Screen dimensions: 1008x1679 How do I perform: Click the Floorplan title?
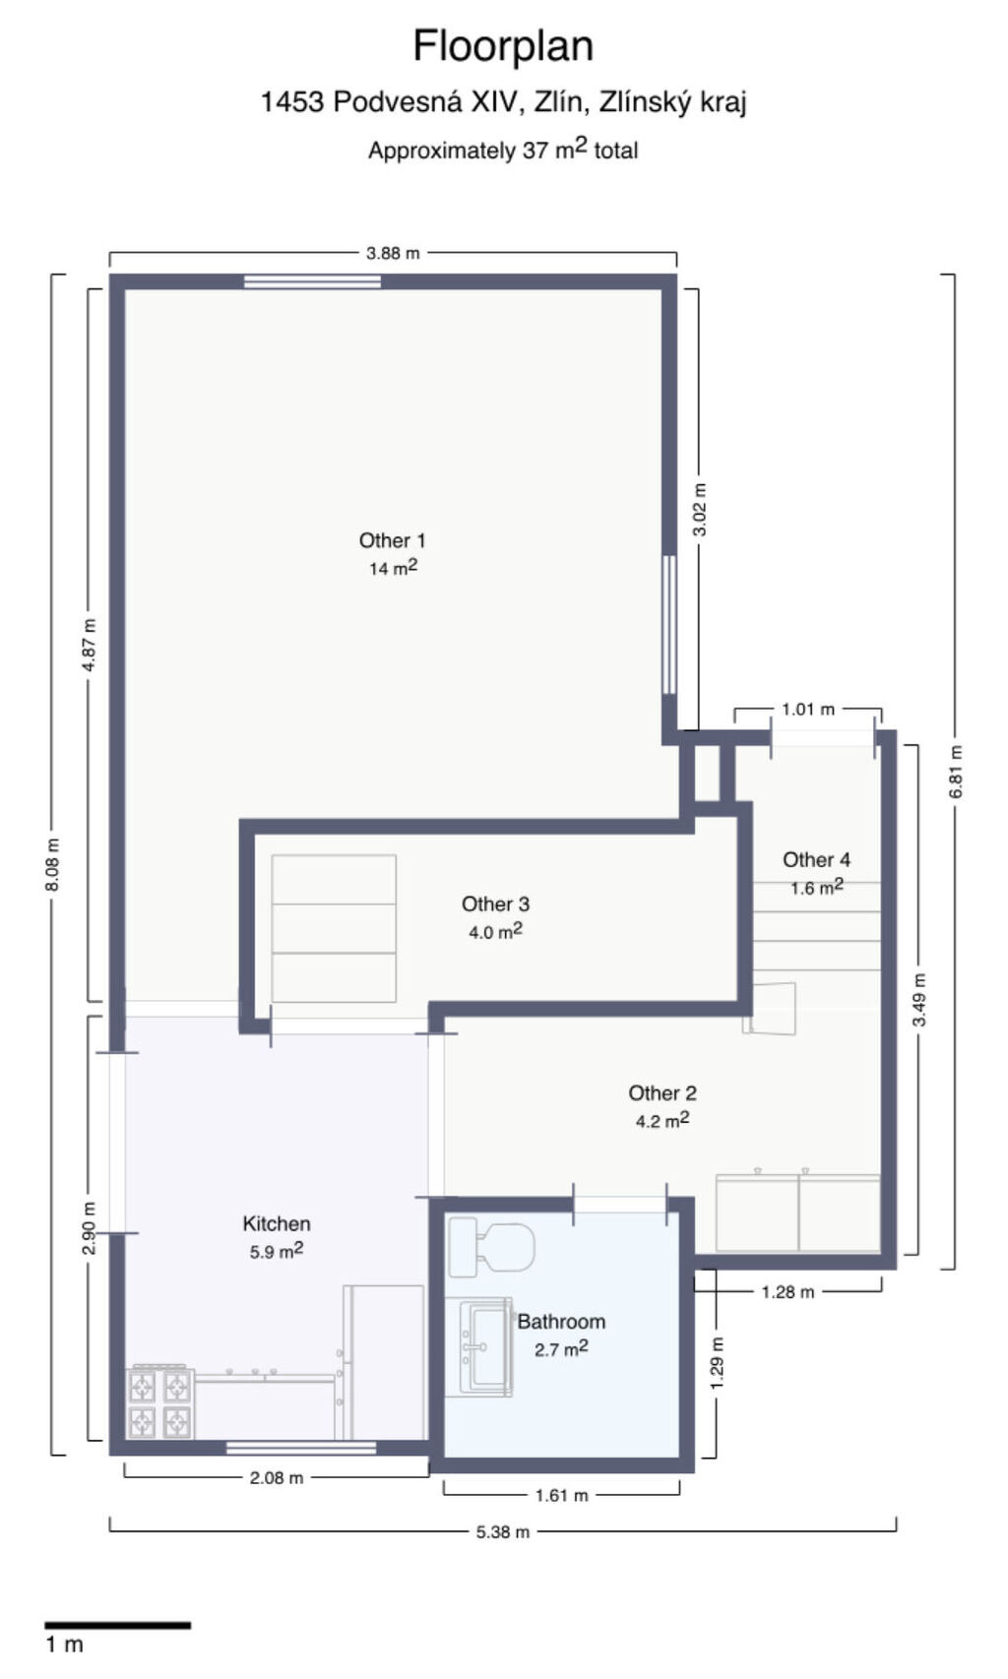click(x=503, y=45)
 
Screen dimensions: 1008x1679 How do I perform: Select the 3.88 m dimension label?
click(x=393, y=253)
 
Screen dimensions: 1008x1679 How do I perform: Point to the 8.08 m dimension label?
click(x=53, y=864)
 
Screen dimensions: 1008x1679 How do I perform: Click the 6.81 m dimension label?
click(x=956, y=772)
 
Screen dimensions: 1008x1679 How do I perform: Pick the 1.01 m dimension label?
click(x=808, y=709)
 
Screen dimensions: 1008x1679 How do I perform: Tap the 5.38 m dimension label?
click(x=503, y=1532)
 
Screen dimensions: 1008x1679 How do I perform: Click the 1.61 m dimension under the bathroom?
click(x=561, y=1495)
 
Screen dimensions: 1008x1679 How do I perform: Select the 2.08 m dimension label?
click(x=277, y=1478)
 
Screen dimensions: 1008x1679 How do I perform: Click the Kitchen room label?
click(x=277, y=1223)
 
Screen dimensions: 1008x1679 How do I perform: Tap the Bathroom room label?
click(x=561, y=1322)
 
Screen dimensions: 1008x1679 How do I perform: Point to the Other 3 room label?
click(x=495, y=903)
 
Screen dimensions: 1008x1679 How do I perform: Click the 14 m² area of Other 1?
click(x=393, y=568)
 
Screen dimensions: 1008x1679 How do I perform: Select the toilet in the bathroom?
click(x=491, y=1247)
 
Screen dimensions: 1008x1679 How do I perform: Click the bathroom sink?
click(x=485, y=1347)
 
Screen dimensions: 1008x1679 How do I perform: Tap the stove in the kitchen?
click(x=160, y=1402)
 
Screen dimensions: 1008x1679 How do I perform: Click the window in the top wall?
click(x=312, y=281)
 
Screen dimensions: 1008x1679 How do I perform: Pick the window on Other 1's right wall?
click(x=669, y=624)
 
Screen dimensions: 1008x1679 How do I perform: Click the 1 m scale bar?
click(x=118, y=1625)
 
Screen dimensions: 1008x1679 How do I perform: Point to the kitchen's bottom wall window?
click(x=301, y=1448)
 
